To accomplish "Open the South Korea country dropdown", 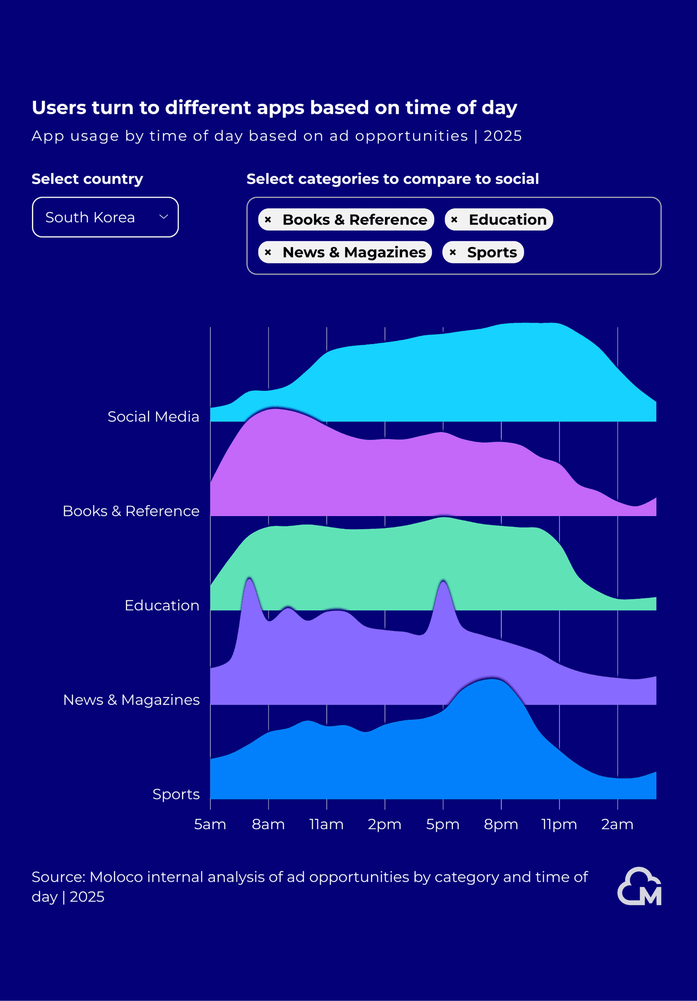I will pos(105,217).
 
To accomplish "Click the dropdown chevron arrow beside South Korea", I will pos(164,217).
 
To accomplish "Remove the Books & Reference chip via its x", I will pos(268,220).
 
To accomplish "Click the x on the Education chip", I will pos(454,220).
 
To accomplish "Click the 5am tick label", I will pos(210,824).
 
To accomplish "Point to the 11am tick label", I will pos(326,824).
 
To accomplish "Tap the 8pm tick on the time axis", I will pos(501,824).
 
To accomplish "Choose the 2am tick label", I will pos(617,824).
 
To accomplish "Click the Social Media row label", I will pos(153,417).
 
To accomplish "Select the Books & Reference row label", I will pos(131,511).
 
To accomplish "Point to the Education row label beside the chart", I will pos(162,606).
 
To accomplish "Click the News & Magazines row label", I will pos(131,700).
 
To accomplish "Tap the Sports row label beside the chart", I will pos(176,794).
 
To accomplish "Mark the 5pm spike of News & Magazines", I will pos(443,583).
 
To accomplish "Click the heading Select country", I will pos(87,179).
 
